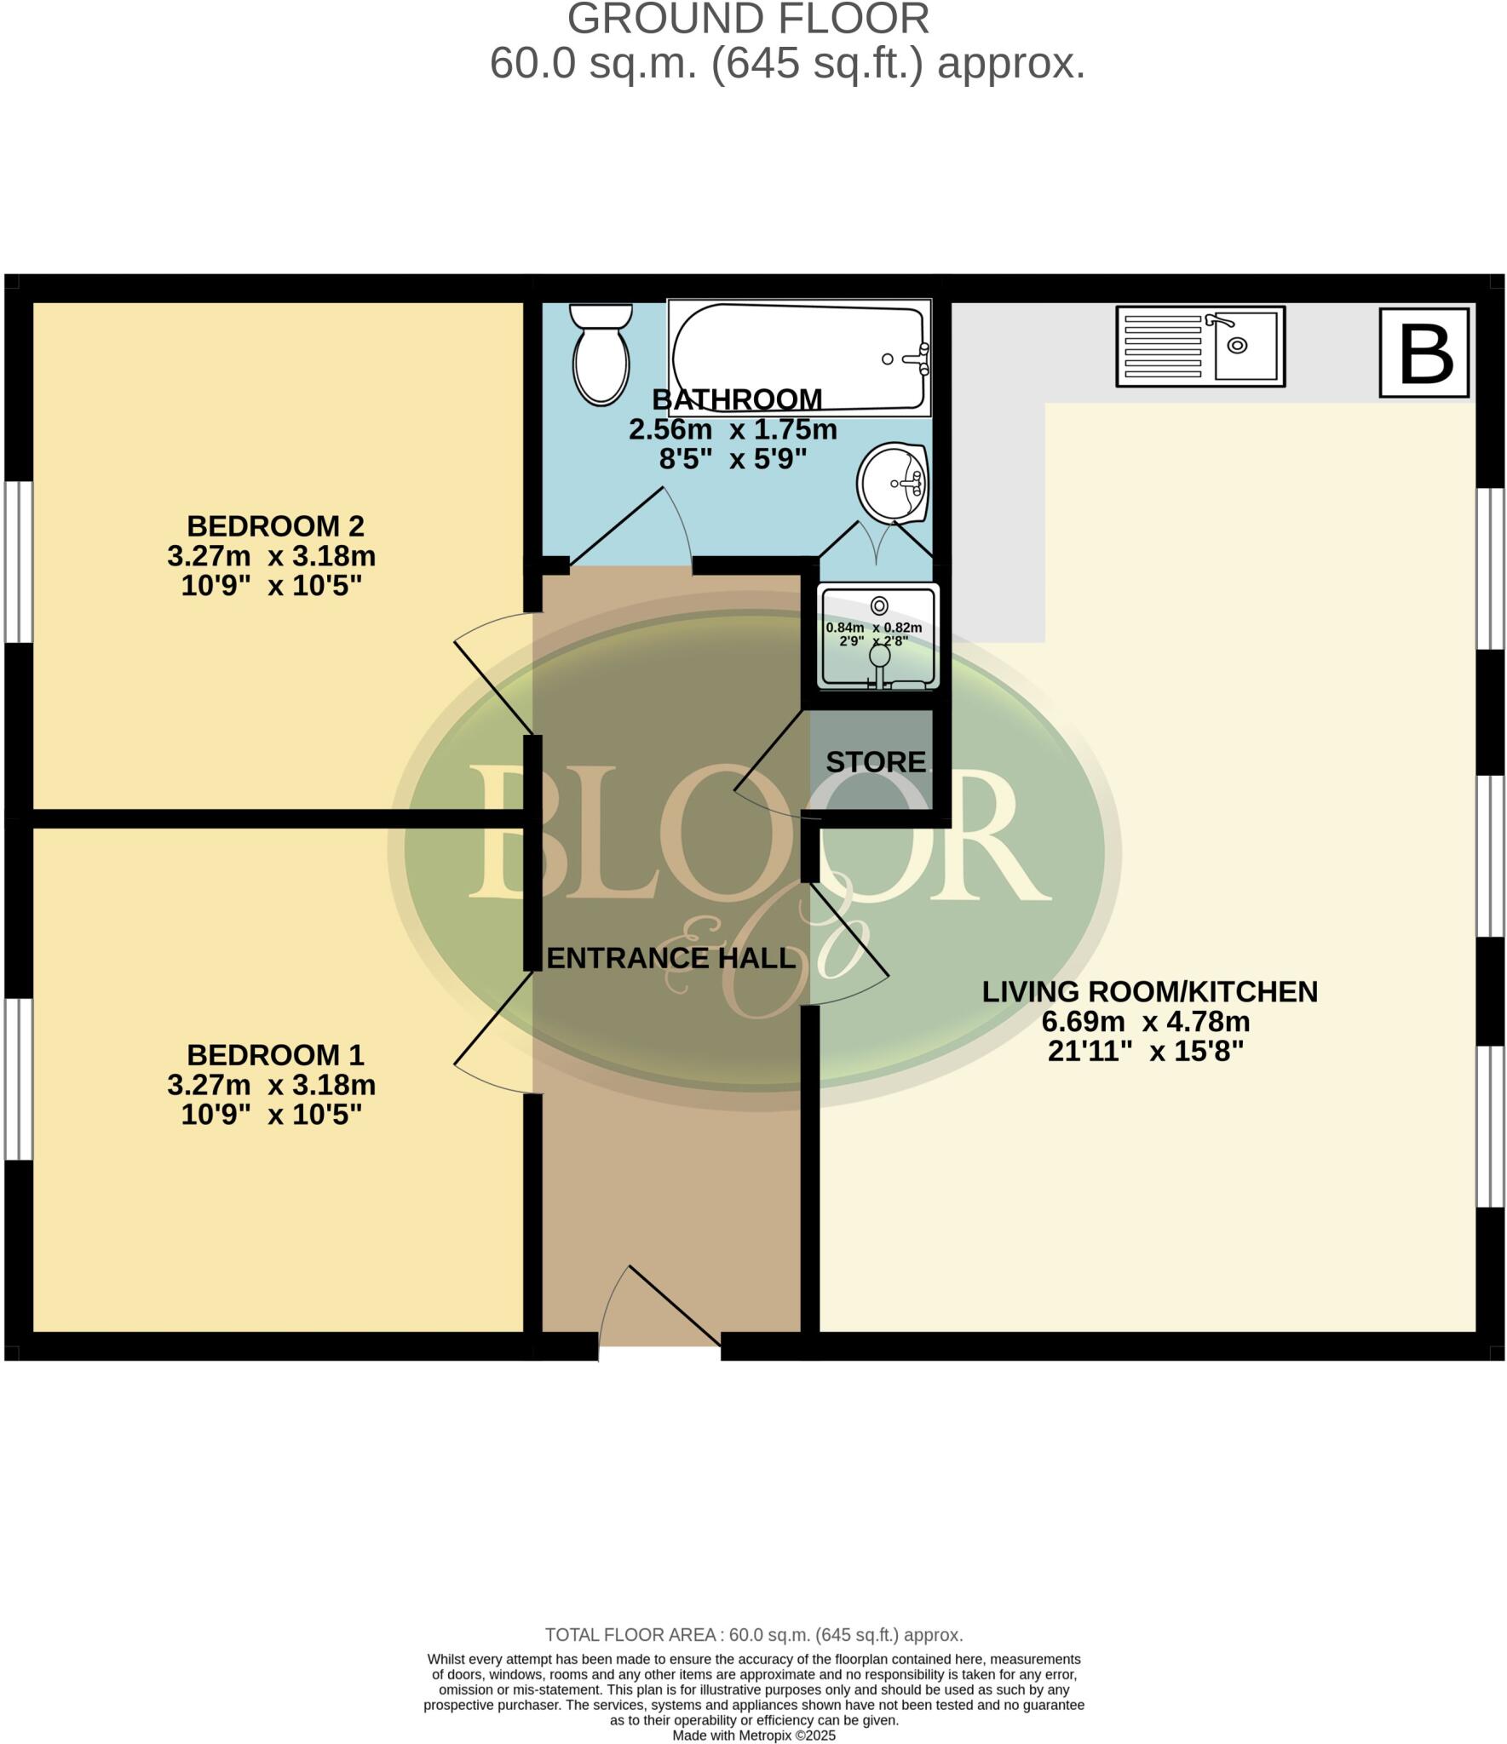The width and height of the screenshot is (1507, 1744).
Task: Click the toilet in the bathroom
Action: [601, 356]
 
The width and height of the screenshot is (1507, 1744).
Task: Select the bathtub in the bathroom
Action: [799, 358]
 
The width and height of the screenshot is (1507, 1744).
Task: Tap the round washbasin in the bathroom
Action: [892, 483]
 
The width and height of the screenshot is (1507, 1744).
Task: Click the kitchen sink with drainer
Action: [1199, 346]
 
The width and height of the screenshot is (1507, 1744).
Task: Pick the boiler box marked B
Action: [1424, 353]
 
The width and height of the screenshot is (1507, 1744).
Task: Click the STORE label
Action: [875, 762]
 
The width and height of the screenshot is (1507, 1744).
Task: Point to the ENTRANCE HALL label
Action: [670, 958]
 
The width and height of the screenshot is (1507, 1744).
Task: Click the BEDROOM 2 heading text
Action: [275, 525]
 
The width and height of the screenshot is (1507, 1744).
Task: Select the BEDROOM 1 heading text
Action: [275, 1055]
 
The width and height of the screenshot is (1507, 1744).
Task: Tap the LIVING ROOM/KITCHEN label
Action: [1149, 991]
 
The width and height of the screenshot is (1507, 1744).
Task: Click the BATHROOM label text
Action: [737, 399]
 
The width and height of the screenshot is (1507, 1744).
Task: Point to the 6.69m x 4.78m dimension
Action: [1145, 1021]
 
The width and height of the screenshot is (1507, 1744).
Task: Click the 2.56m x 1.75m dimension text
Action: [733, 429]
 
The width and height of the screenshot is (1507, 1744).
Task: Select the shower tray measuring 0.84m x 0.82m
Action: [877, 636]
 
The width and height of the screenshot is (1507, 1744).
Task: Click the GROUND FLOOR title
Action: [748, 19]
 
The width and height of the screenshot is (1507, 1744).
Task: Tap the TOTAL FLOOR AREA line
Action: [753, 1634]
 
